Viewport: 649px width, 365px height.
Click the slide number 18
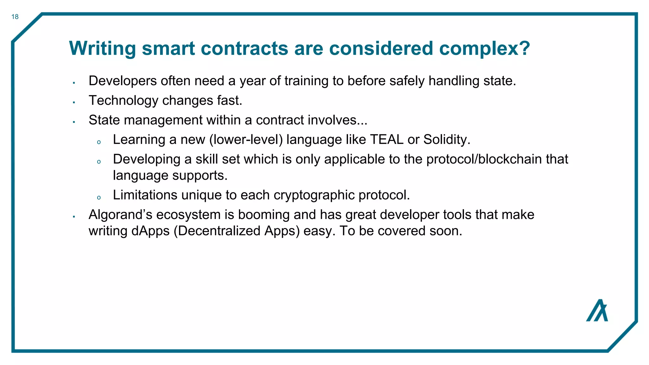point(15,17)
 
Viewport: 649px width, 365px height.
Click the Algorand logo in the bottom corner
point(597,311)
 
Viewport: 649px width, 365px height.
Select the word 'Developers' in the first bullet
point(123,81)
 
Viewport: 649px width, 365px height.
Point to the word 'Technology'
point(123,101)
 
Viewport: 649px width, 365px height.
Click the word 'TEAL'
point(387,139)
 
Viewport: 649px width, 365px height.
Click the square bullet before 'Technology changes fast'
point(74,102)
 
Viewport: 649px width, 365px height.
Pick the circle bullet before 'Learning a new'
point(99,142)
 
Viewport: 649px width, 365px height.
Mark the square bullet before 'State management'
point(74,122)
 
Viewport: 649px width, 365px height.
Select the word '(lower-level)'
point(246,139)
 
